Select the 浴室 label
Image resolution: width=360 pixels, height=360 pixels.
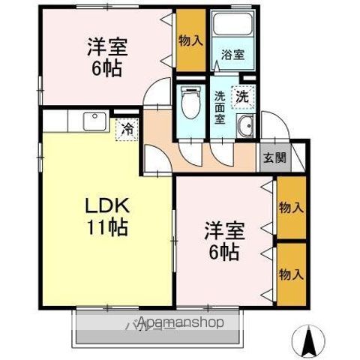(x=232, y=54)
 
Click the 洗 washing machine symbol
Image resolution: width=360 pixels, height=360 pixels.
(x=242, y=95)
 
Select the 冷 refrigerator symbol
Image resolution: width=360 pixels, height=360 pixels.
(x=127, y=129)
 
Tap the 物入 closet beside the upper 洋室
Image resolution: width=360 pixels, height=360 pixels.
(x=190, y=40)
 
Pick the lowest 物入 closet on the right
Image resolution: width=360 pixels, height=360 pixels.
(x=290, y=274)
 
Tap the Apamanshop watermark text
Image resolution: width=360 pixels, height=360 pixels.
(x=180, y=323)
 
